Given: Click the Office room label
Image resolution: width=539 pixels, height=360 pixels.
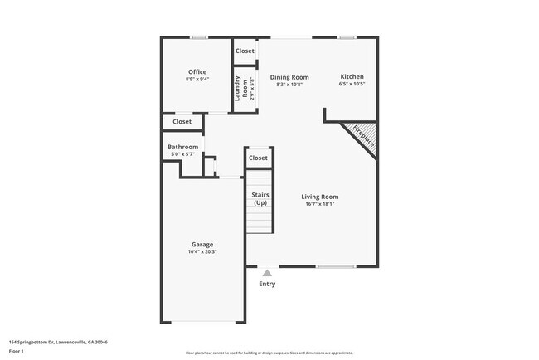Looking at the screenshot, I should (197, 72).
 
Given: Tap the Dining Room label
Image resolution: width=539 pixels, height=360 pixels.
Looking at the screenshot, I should (289, 76).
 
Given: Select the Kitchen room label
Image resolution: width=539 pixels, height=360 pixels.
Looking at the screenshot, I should (352, 76).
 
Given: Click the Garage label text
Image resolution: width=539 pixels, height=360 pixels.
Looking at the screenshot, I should (202, 245).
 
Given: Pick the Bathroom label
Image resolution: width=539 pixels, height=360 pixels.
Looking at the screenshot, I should (183, 147).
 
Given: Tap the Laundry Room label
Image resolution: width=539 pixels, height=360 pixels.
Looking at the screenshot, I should (239, 89).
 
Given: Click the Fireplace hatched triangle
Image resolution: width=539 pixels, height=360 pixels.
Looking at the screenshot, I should (364, 137).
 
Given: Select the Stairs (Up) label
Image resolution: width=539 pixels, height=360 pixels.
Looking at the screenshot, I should (260, 199).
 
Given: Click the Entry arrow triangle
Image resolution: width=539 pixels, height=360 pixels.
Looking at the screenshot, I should (267, 272).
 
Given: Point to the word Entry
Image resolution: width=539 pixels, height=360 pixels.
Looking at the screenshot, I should (267, 284).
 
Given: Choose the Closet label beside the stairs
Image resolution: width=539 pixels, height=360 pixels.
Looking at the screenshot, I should (258, 158).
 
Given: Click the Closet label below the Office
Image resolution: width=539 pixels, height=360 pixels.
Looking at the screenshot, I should (182, 122).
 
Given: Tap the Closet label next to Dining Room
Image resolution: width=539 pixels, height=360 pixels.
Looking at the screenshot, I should (245, 51).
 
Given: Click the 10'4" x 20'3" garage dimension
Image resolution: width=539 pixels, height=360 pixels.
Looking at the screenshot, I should (202, 252).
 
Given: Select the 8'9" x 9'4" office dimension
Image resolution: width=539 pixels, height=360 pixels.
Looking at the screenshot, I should (197, 80).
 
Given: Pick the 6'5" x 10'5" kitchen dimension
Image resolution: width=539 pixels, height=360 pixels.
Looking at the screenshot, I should (352, 84).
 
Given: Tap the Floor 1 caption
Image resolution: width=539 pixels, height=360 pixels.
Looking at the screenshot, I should (17, 351).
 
